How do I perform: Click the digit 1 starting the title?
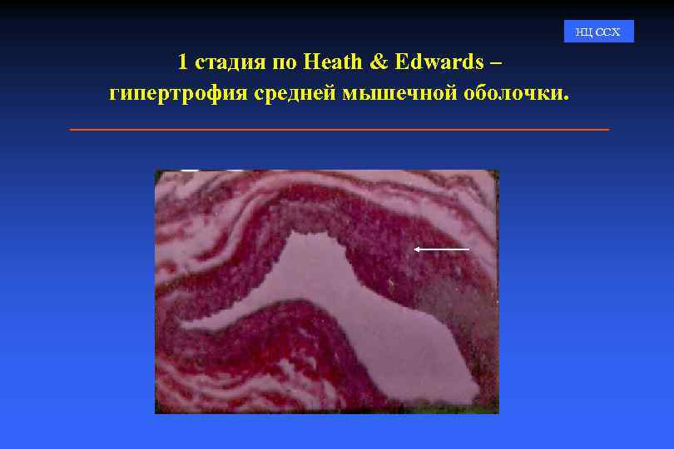point(182,62)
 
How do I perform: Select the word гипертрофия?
point(178,93)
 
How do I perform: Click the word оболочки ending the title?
point(512,93)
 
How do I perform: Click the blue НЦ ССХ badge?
point(598,32)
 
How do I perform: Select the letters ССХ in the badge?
point(608,32)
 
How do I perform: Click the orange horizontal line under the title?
point(339,130)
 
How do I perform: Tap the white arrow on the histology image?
point(442,249)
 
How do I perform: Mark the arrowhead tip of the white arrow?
point(415,249)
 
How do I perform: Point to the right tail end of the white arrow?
point(468,249)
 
